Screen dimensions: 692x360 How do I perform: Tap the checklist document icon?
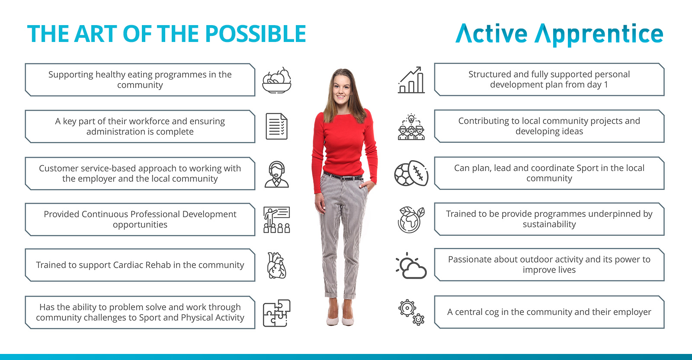click(x=276, y=126)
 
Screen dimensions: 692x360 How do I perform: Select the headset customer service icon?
click(x=276, y=174)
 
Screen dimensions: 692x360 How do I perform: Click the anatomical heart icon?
click(x=276, y=265)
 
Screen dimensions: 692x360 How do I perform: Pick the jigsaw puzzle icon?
click(x=276, y=313)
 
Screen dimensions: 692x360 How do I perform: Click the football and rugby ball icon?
click(x=411, y=173)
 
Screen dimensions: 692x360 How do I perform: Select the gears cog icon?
click(x=411, y=312)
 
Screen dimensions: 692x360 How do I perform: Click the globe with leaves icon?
click(x=411, y=220)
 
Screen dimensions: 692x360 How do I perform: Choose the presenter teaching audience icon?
click(x=276, y=220)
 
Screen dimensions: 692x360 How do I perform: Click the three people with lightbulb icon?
click(x=411, y=127)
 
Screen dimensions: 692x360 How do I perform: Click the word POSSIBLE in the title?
click(x=256, y=34)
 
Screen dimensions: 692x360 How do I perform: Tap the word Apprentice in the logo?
click(x=599, y=35)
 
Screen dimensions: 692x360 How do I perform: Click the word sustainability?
click(x=549, y=224)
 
